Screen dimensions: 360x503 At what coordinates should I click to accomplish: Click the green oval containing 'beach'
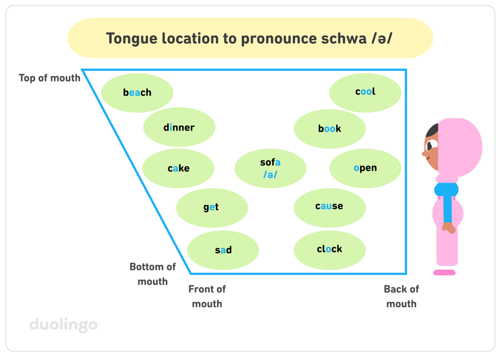137,92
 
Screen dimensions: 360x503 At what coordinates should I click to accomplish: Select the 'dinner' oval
179,127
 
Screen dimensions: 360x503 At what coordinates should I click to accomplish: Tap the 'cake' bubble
179,168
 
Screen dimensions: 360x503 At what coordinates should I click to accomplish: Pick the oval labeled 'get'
212,207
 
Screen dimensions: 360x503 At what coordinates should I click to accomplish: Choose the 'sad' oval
223,250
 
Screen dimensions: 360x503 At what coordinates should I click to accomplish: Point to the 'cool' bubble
365,92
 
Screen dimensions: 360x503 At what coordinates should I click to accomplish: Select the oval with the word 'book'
329,128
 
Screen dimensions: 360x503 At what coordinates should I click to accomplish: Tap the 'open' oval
365,168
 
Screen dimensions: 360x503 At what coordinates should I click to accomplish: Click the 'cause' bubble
329,206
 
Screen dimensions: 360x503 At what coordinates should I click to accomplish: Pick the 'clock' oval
329,249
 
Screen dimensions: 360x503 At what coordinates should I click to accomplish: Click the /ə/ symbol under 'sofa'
271,175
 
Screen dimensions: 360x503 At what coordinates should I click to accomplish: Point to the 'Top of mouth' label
49,78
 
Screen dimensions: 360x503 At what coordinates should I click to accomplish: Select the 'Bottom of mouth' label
152,274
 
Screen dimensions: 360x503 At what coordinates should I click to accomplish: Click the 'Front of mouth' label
207,296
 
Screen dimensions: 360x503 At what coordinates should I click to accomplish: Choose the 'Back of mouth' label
401,296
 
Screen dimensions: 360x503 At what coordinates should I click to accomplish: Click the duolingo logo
63,324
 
